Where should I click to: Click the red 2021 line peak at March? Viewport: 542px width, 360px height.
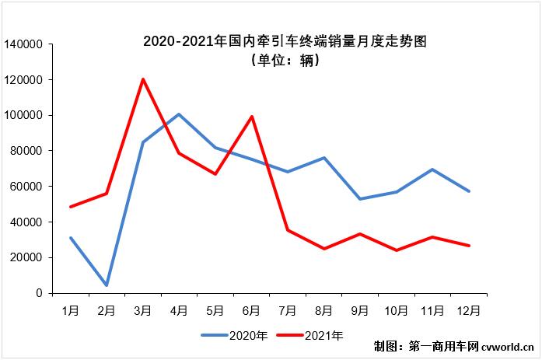click(x=143, y=79)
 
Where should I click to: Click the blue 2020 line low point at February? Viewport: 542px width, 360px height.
click(x=107, y=285)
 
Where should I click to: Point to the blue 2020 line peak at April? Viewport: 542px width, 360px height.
click(x=179, y=114)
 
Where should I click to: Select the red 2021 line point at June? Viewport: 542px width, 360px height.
click(x=251, y=117)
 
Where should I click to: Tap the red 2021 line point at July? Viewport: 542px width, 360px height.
click(x=288, y=230)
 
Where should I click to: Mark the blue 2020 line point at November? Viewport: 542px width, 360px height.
click(x=432, y=170)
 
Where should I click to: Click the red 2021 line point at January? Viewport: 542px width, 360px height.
click(x=71, y=207)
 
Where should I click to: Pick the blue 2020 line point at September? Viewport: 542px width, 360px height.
click(x=360, y=199)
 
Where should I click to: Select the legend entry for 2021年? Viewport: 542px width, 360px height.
click(x=309, y=336)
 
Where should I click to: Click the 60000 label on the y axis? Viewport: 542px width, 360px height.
click(x=26, y=187)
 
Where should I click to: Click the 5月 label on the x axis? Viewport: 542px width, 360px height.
click(x=215, y=309)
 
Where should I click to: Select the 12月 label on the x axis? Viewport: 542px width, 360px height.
click(x=469, y=309)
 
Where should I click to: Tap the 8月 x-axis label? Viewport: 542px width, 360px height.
click(x=323, y=309)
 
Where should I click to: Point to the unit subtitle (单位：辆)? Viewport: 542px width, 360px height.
click(x=285, y=61)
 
